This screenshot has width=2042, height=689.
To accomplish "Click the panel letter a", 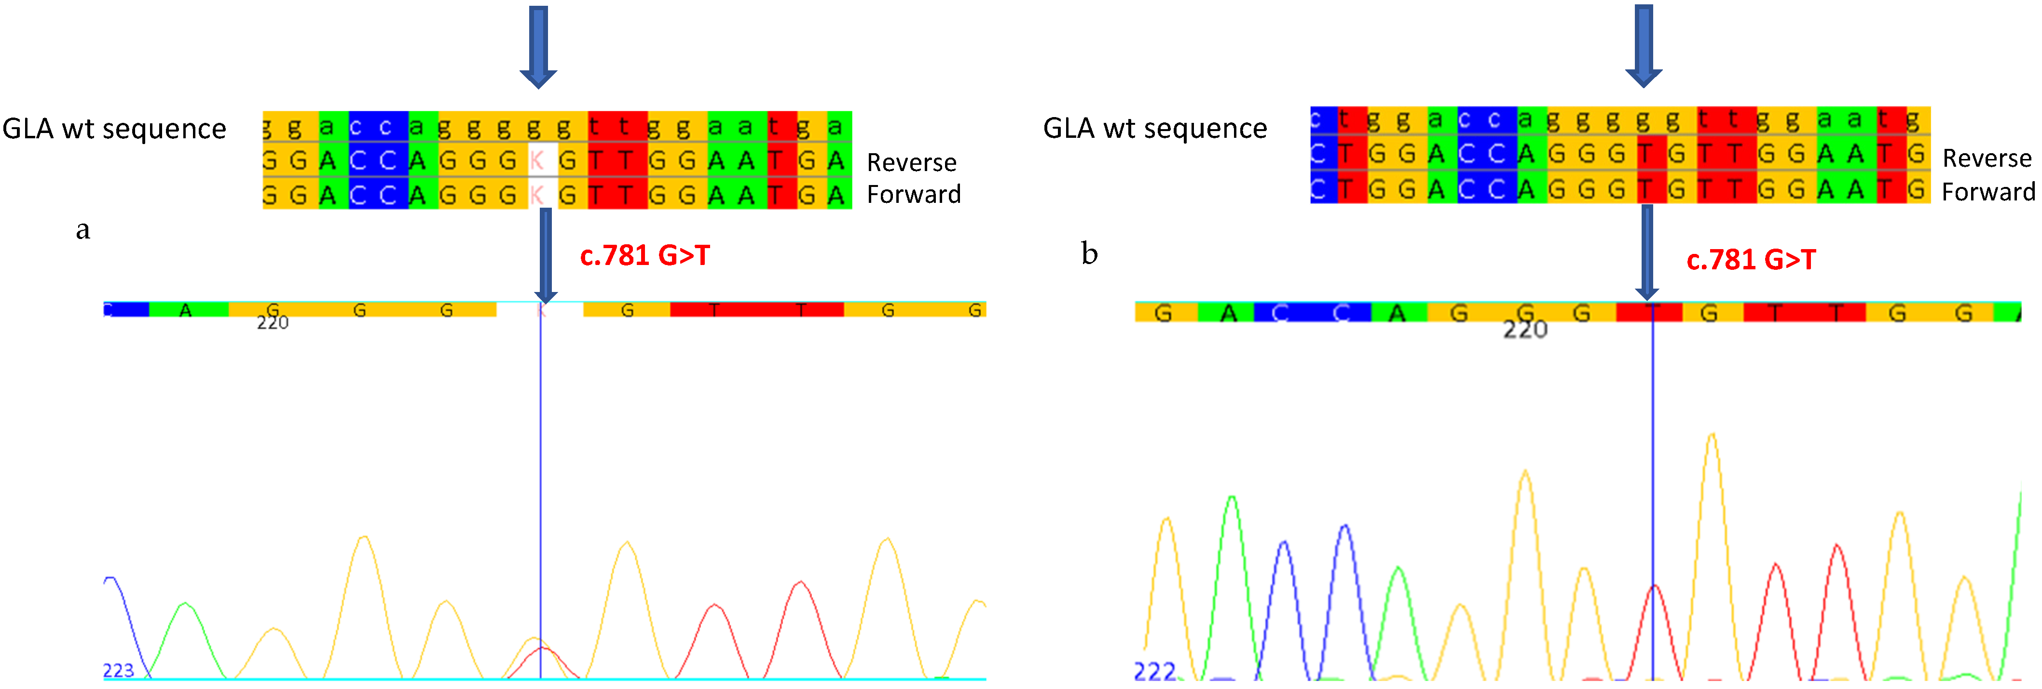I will [82, 230].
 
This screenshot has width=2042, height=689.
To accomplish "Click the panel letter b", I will [1089, 253].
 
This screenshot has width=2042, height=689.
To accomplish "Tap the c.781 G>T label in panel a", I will [644, 256].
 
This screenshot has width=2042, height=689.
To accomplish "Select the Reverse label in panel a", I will [912, 162].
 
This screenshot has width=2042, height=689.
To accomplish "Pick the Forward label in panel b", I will [1988, 192].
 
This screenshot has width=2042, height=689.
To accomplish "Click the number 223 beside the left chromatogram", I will [118, 671].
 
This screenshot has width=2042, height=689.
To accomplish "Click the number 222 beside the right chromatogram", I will [1155, 672].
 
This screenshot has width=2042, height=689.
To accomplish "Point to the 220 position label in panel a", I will [273, 322].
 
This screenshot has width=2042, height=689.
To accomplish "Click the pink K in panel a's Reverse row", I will [536, 161].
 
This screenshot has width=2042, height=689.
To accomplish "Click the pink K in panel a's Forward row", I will [536, 194].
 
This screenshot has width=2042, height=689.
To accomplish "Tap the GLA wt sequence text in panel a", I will [114, 128].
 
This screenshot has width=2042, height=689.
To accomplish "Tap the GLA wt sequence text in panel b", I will [1155, 128].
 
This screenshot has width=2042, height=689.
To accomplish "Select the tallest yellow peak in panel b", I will [1712, 436].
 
